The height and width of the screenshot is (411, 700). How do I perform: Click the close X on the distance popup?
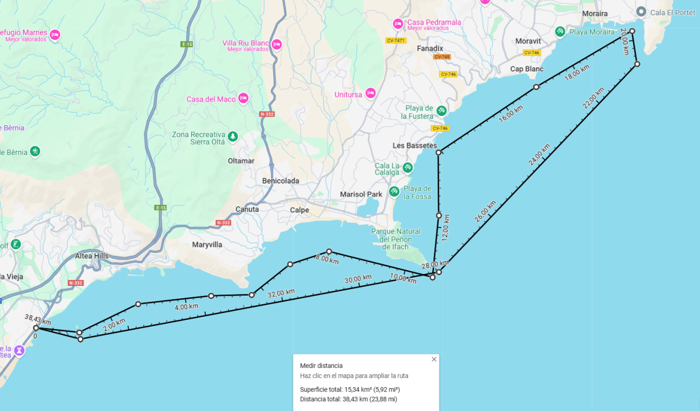click(434, 359)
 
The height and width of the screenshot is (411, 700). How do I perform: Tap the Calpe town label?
click(300, 210)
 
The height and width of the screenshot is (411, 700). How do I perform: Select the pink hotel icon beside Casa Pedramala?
click(398, 24)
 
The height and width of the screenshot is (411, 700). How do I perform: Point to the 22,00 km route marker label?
click(593, 99)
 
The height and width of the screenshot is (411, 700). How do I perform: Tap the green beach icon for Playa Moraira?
click(560, 32)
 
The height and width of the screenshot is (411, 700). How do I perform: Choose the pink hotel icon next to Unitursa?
click(370, 93)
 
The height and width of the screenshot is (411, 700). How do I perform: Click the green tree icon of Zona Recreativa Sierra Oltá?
click(232, 136)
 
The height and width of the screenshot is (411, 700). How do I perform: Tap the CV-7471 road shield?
click(396, 40)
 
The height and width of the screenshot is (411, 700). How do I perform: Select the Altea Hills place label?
click(92, 256)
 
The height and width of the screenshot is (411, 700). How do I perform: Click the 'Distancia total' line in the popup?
click(348, 399)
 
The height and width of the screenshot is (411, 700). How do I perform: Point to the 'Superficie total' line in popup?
click(350, 389)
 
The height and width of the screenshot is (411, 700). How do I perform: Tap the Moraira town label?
click(595, 13)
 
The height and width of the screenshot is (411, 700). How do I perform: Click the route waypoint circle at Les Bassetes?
click(439, 153)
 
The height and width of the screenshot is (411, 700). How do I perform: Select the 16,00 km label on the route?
click(511, 114)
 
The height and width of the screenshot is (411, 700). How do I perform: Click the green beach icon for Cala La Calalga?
click(408, 168)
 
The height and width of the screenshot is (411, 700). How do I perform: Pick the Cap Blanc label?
click(527, 69)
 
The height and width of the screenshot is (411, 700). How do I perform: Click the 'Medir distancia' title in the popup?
click(321, 366)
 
